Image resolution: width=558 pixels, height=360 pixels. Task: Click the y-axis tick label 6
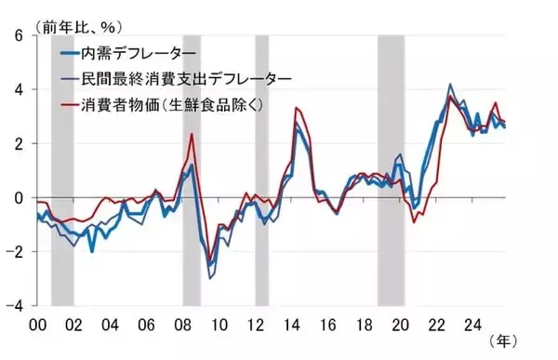pyautogui.click(x=17, y=36)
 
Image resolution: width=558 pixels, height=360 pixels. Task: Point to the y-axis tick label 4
pyautogui.click(x=17, y=90)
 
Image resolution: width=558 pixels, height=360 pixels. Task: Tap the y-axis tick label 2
pyautogui.click(x=17, y=143)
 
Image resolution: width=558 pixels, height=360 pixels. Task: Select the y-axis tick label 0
pyautogui.click(x=17, y=197)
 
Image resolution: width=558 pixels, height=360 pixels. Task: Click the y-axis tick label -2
pyautogui.click(x=14, y=251)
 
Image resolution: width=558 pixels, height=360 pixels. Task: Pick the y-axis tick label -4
pyautogui.click(x=14, y=304)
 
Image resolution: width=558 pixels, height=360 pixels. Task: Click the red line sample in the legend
pyautogui.click(x=68, y=104)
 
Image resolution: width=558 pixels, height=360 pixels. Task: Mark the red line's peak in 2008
pyautogui.click(x=192, y=134)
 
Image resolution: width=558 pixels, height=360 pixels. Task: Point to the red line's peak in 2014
pyautogui.click(x=297, y=109)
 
